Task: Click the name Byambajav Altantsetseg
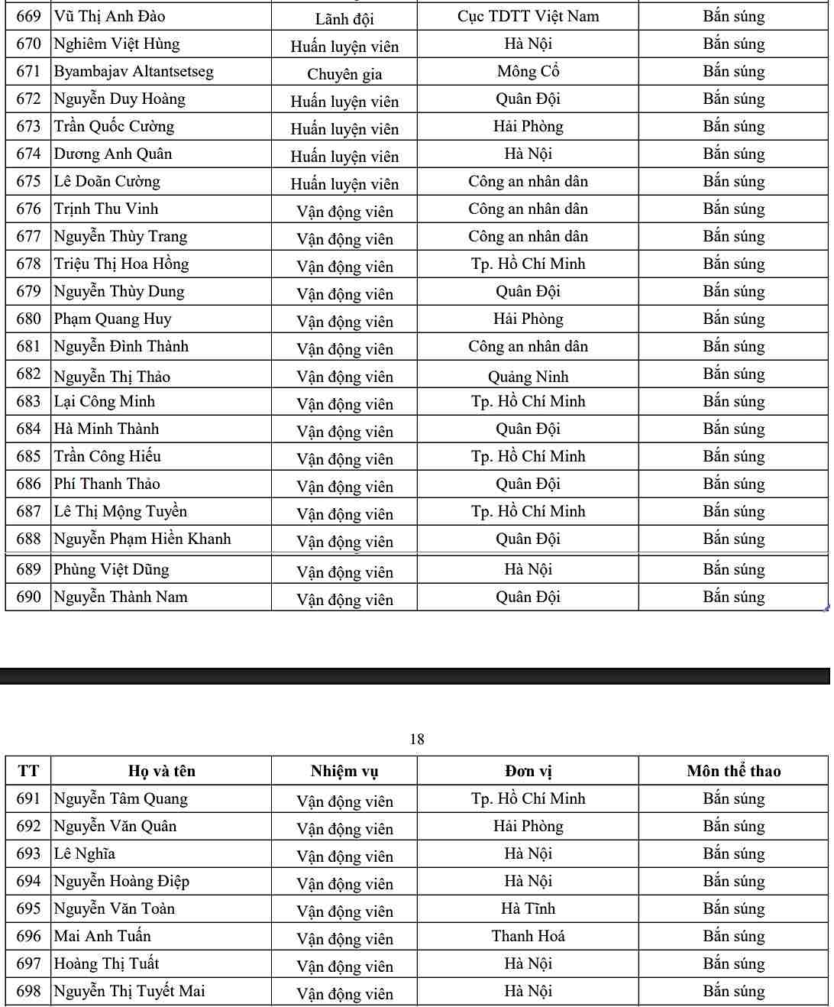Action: (x=134, y=72)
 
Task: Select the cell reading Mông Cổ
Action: (x=528, y=72)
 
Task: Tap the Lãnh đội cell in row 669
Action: (x=344, y=18)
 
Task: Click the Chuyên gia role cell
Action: (x=344, y=74)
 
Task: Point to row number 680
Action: (x=28, y=319)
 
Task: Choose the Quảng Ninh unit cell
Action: (x=528, y=377)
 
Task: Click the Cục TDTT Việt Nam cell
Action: (x=528, y=16)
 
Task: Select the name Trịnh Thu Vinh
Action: (x=106, y=209)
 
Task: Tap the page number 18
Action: (x=417, y=739)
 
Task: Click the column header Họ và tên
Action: (x=162, y=771)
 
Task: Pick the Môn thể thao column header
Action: (x=733, y=771)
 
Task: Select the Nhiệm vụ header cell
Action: (x=344, y=771)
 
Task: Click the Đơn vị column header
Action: (x=528, y=771)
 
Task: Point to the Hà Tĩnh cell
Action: (x=528, y=909)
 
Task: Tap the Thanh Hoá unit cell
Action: (x=528, y=937)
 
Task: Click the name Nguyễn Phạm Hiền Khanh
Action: (x=142, y=539)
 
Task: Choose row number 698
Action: (x=28, y=992)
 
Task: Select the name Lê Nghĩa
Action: (x=84, y=854)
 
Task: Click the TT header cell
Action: (x=28, y=771)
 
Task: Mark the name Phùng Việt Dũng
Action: (x=112, y=570)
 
